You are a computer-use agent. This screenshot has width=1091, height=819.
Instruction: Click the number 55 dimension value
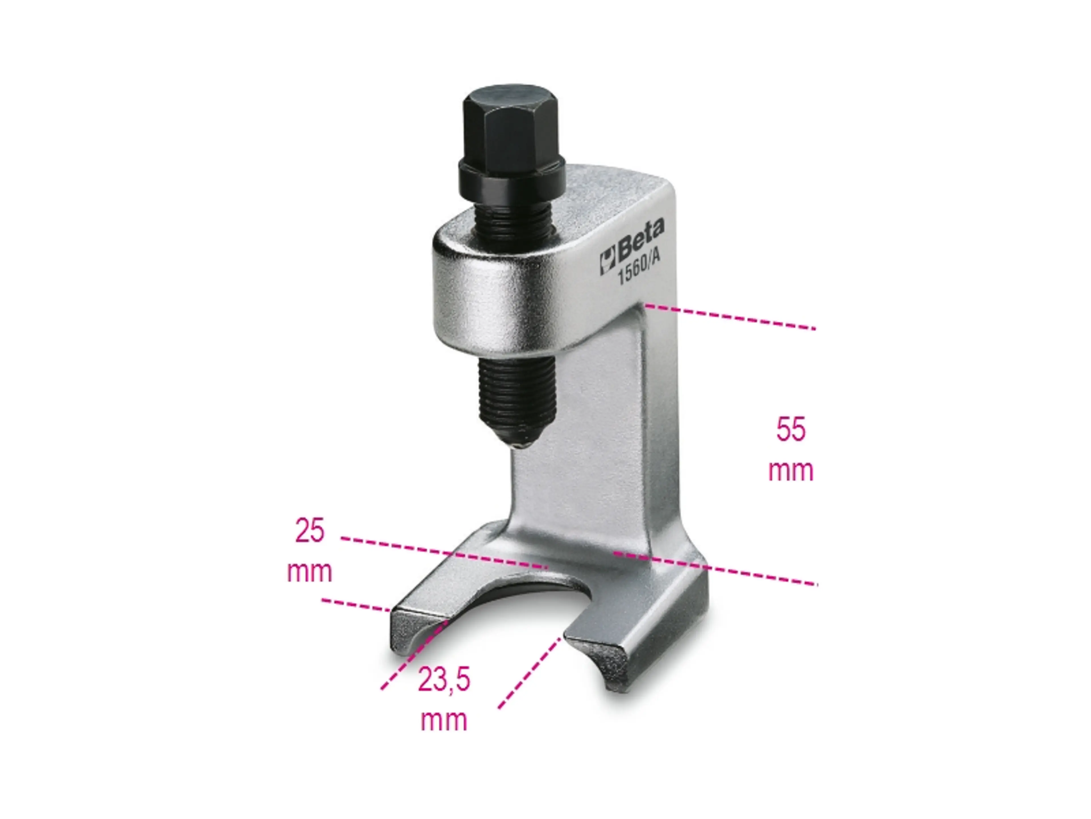click(791, 429)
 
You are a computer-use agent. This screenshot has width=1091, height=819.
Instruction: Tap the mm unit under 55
click(791, 470)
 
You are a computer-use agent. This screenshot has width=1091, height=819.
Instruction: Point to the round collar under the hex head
click(512, 179)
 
